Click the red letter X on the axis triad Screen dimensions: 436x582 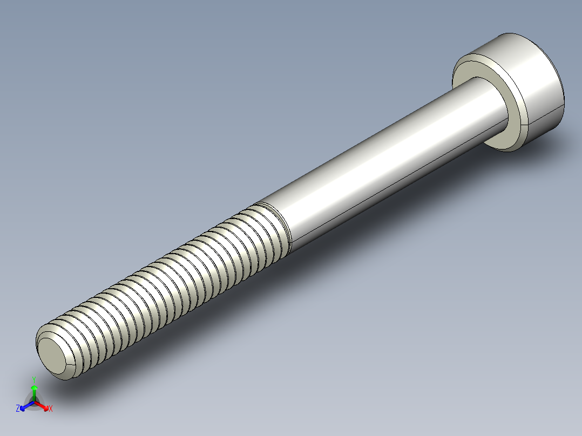pyautogui.click(x=51, y=409)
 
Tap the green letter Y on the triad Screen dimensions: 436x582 pyautogui.click(x=34, y=379)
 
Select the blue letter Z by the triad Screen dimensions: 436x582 pyautogui.click(x=18, y=408)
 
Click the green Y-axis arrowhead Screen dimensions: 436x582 pyautogui.click(x=34, y=388)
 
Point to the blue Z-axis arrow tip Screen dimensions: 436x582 pyautogui.click(x=24, y=406)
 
